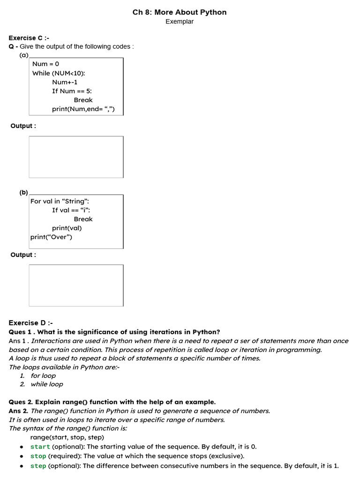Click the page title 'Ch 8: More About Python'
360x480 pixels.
180,12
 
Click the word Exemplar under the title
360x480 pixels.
180,22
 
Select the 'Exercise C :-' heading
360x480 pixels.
29,38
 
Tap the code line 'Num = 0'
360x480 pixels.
46,64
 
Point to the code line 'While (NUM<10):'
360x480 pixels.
59,73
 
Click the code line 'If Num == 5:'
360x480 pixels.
72,91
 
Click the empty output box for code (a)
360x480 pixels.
76,157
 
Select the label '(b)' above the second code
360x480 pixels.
23,192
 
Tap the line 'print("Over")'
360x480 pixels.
52,237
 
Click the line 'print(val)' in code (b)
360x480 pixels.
67,228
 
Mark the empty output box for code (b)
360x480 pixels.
76,285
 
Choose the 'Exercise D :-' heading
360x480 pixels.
31,323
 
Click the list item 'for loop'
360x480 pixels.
43,375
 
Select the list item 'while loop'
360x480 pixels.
47,384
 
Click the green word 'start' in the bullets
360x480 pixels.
40,447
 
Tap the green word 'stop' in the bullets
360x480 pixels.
38,456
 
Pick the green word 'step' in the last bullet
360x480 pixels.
38,466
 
